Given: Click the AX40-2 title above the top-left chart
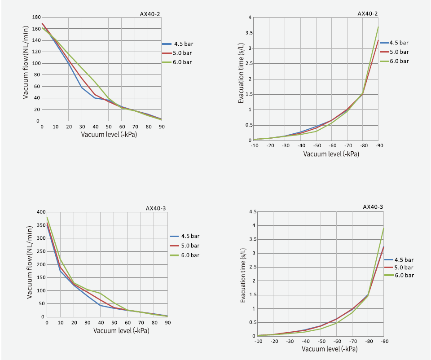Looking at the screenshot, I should point(150,14).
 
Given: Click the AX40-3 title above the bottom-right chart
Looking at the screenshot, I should point(373,207).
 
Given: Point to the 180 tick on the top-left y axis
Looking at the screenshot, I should point(36,17).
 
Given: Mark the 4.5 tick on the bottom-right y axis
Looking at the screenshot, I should point(253,212).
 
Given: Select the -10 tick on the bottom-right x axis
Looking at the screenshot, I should point(258,342).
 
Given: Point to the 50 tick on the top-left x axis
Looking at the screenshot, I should point(108,127).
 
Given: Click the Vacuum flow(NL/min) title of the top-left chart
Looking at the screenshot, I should point(26,62).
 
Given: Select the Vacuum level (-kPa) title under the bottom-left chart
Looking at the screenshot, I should point(121,330).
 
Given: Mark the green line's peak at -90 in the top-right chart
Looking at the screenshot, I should point(378,27).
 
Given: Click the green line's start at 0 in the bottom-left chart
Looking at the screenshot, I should point(47,217).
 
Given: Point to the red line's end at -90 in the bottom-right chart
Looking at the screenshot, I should point(383,246).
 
